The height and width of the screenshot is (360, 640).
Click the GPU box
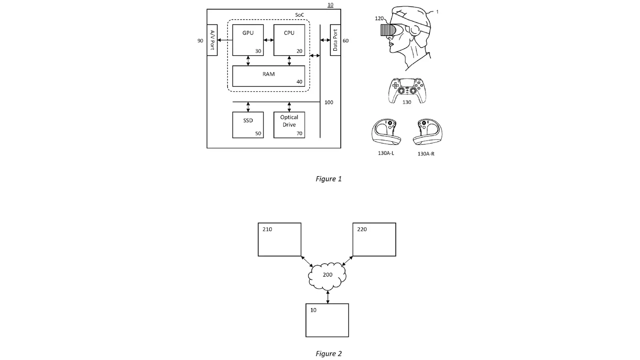248,40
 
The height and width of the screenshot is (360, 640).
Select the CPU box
289,40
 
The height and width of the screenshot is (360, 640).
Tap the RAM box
268,76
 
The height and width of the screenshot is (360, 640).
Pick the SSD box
248,125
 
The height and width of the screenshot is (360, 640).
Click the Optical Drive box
289,125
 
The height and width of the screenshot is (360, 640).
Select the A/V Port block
212,40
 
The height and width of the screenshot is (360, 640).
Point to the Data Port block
336,40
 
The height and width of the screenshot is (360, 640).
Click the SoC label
300,15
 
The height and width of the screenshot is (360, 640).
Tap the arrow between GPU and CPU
268,40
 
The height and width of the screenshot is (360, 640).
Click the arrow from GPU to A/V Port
225,40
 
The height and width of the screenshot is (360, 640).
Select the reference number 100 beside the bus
328,102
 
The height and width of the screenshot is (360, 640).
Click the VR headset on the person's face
388,30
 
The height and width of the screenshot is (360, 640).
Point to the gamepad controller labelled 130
407,90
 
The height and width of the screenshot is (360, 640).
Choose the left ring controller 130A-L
386,132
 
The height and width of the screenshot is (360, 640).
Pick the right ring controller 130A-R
428,132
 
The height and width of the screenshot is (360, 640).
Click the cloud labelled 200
328,276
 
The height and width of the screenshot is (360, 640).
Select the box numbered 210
280,240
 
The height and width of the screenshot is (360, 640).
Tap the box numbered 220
374,240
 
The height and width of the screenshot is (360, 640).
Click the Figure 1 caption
328,179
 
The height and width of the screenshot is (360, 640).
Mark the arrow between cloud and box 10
328,297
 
